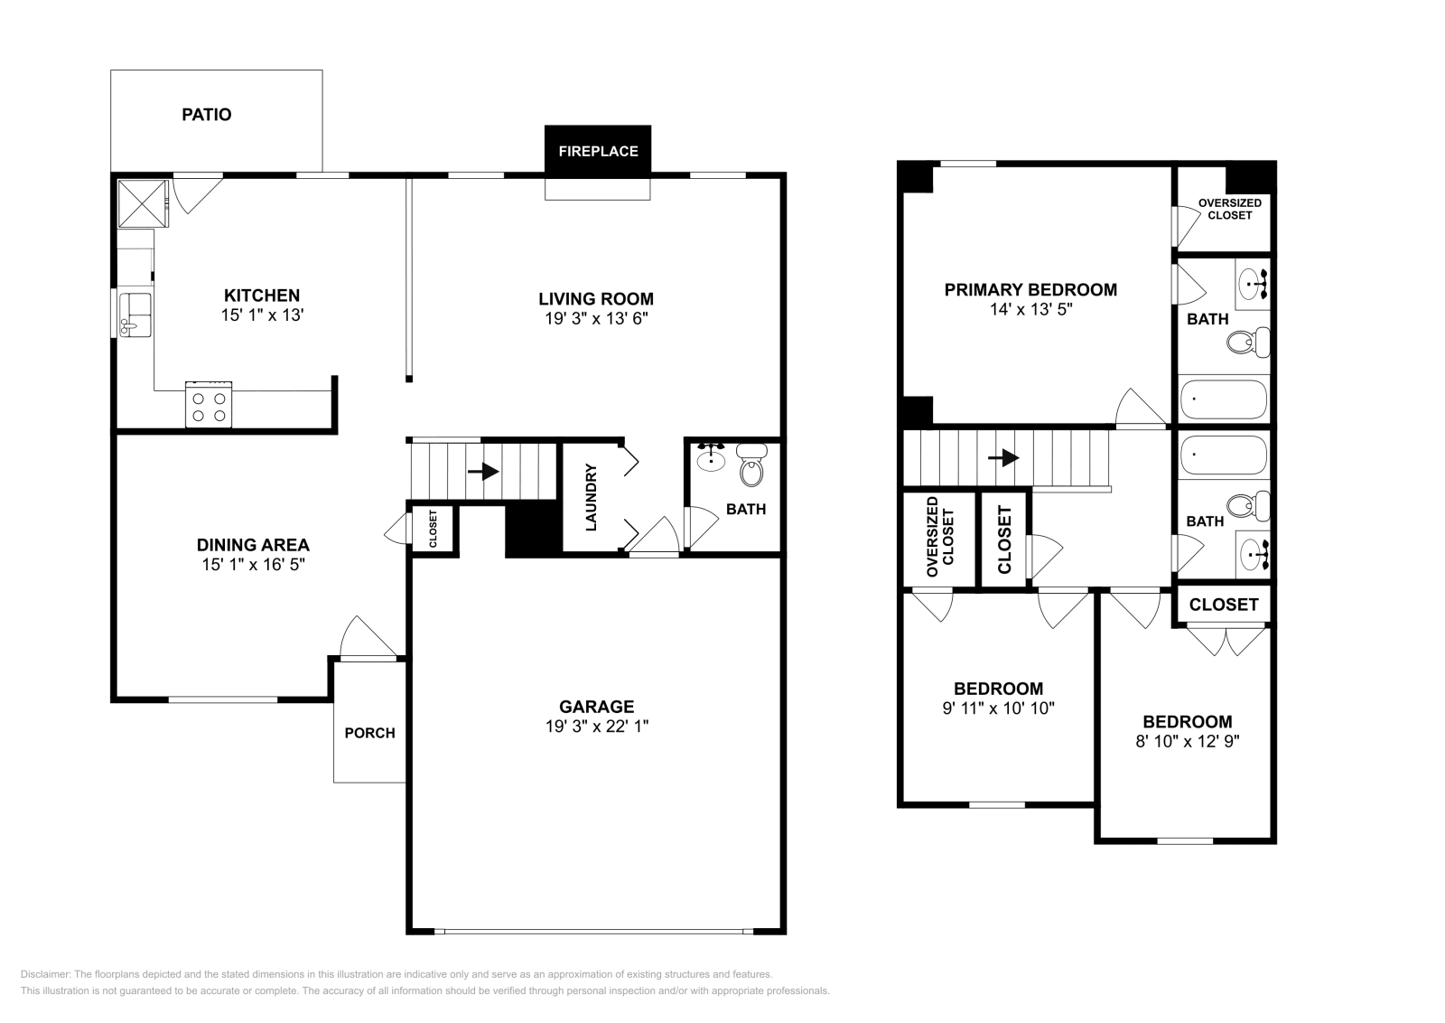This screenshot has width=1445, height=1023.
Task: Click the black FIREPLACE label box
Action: click(597, 151)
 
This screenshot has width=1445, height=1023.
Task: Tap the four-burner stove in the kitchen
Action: click(209, 404)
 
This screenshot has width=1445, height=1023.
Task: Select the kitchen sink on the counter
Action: click(136, 314)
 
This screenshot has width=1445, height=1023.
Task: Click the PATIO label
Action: click(207, 115)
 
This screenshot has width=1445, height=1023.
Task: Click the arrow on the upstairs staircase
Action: click(1002, 458)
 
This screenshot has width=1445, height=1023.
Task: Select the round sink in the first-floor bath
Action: click(712, 458)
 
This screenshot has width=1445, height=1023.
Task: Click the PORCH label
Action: click(369, 733)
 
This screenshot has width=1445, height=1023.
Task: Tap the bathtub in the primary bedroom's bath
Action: click(1224, 399)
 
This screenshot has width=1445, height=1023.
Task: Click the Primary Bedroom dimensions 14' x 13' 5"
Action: click(1030, 309)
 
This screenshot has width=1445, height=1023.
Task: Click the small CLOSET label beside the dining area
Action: click(433, 529)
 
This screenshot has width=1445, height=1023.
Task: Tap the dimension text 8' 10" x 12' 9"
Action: click(1187, 741)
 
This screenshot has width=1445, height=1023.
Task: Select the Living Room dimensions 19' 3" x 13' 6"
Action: click(596, 318)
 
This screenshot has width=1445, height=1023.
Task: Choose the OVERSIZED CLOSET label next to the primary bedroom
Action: click(1229, 209)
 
